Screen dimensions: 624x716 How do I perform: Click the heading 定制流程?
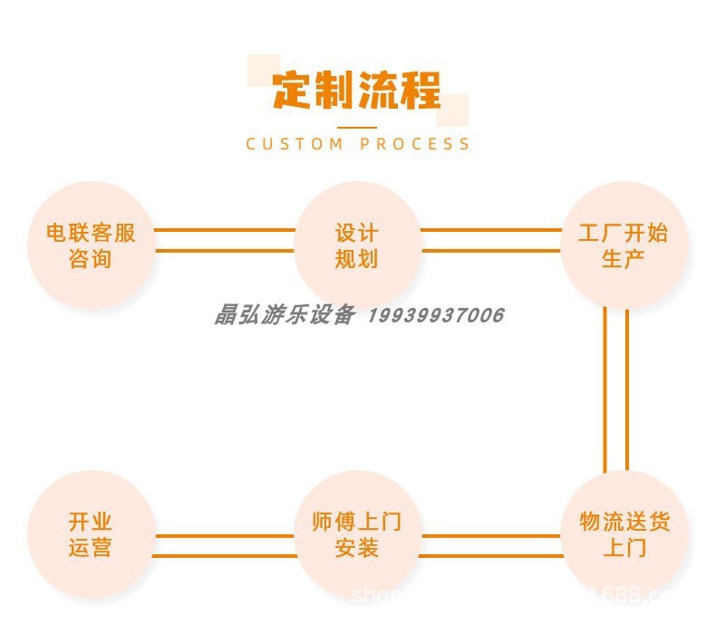(357, 91)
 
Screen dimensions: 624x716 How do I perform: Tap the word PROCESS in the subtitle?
(414, 144)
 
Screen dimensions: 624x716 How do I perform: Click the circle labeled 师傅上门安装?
(357, 534)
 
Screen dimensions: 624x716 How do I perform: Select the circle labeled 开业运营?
(91, 534)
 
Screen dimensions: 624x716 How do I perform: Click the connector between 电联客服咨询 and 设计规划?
(224, 240)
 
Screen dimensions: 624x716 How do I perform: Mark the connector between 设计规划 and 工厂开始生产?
(490, 240)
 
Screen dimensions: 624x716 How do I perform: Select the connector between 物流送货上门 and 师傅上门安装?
(490, 545)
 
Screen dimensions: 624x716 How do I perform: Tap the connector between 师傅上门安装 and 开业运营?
(224, 545)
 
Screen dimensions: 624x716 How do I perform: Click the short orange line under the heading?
(357, 127)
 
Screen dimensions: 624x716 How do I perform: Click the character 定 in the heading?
(292, 91)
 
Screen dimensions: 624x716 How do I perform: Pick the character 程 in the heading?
(421, 91)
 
